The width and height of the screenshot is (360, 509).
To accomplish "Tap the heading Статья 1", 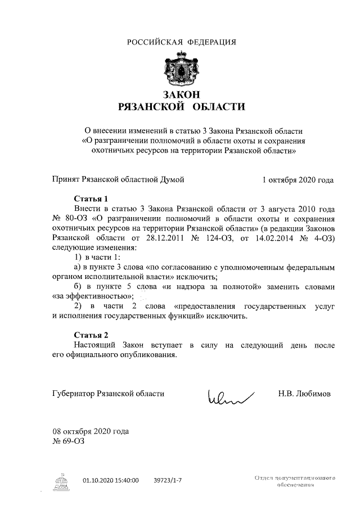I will tap(92, 199).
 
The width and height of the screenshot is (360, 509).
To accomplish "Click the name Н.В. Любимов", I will tap(304, 394).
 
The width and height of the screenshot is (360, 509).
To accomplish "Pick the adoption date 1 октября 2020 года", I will tap(298, 180).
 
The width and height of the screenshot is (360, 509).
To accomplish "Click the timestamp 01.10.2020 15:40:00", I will tap(111, 481).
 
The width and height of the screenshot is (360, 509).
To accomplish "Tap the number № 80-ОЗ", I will tap(69, 218).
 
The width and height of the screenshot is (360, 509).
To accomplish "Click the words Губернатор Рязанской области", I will tap(109, 394).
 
